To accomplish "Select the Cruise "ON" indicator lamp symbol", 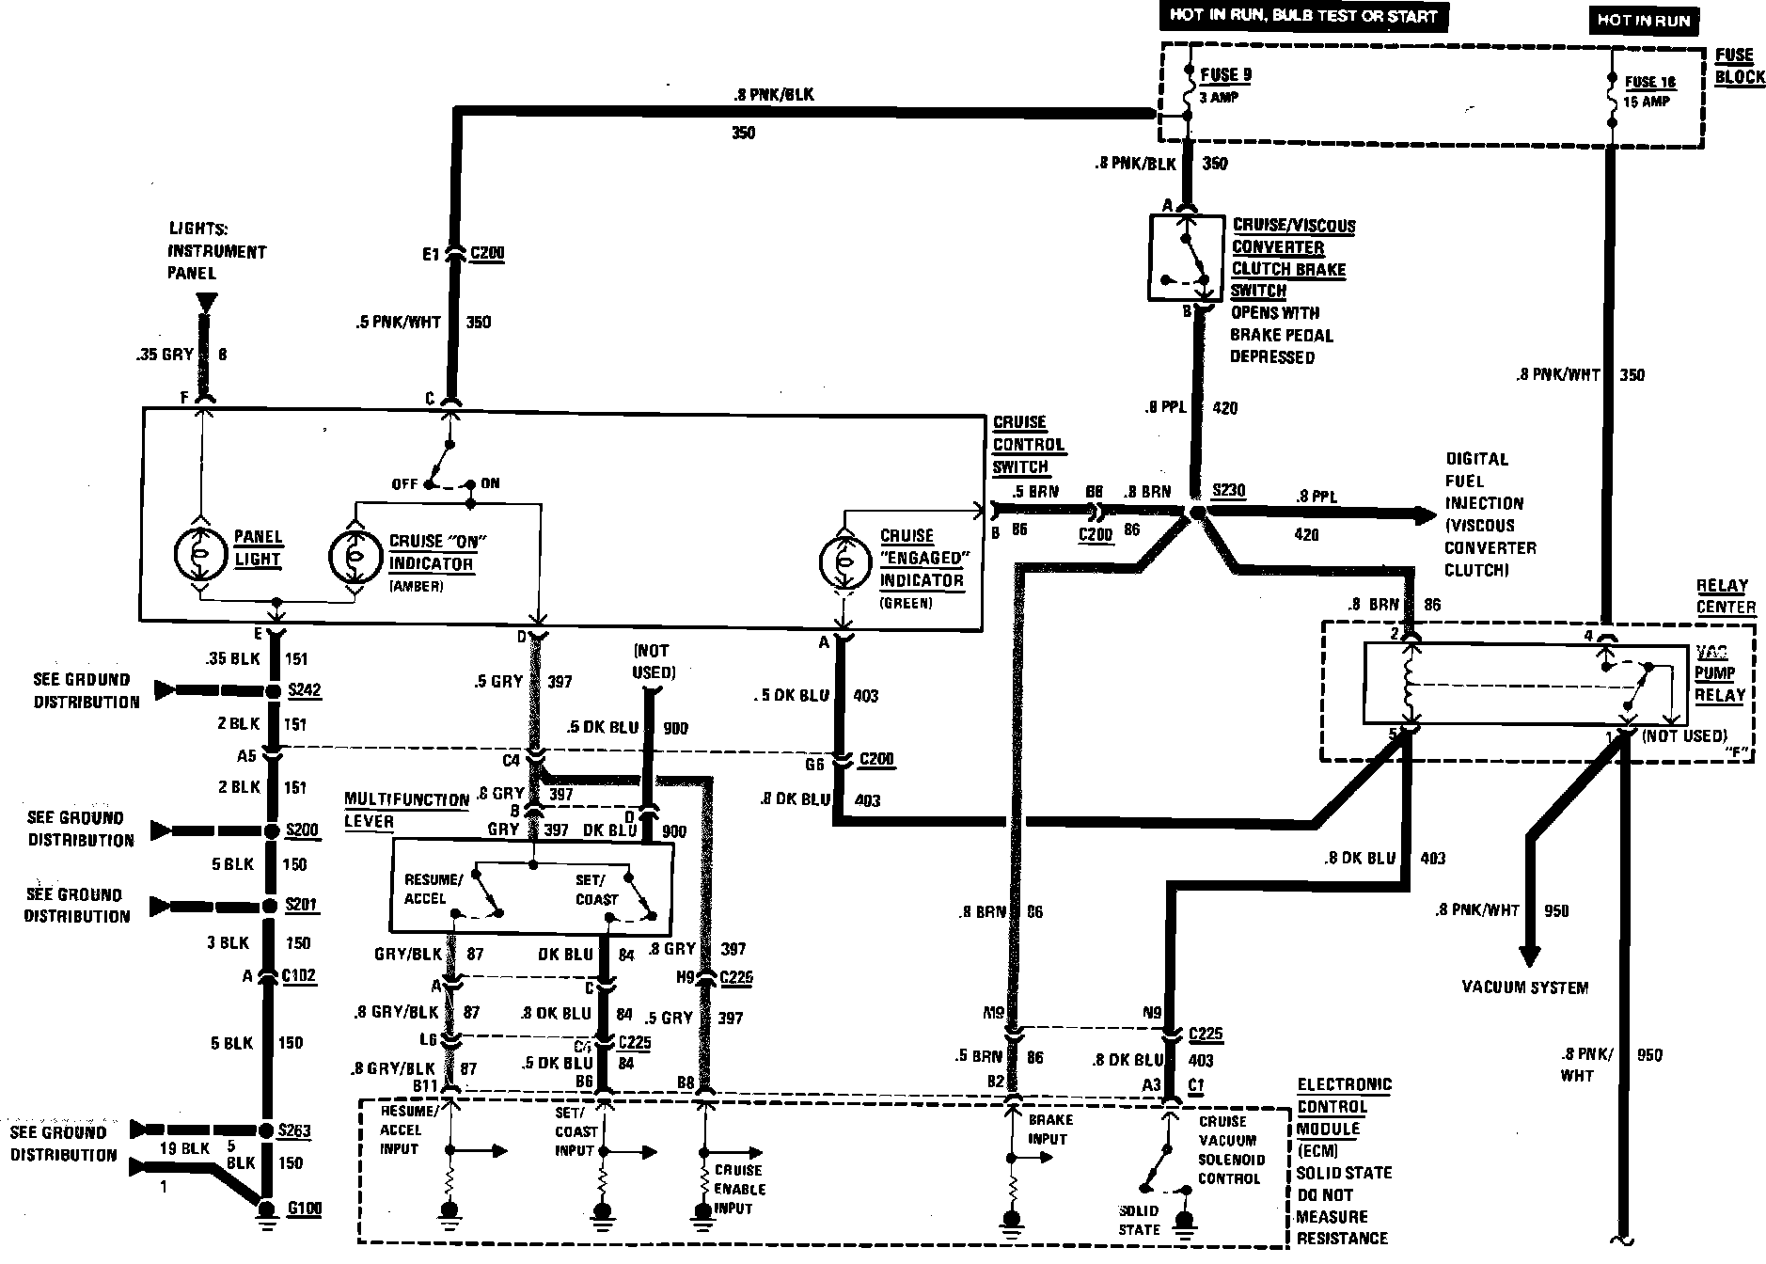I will (x=355, y=554).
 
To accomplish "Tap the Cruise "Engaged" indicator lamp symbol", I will (x=844, y=562).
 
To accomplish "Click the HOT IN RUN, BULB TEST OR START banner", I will (x=1302, y=16).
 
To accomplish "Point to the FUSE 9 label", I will (x=1226, y=74).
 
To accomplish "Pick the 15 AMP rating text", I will (x=1646, y=101).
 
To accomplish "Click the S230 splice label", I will (x=1228, y=490).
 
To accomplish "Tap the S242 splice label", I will (x=304, y=690).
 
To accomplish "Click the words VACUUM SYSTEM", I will (x=1524, y=987).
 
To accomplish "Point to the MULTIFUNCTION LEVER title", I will (x=406, y=810).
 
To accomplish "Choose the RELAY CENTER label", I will (x=1726, y=596).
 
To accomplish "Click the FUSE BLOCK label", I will (x=1739, y=66).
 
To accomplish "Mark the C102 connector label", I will (x=299, y=976).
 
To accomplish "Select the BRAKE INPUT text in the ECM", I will (x=1049, y=1129).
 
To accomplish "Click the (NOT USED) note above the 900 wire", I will (x=653, y=660).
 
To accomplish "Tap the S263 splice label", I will (x=294, y=1130).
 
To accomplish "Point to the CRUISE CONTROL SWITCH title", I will (x=1028, y=444).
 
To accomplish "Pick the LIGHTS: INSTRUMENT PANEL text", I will (x=216, y=251).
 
